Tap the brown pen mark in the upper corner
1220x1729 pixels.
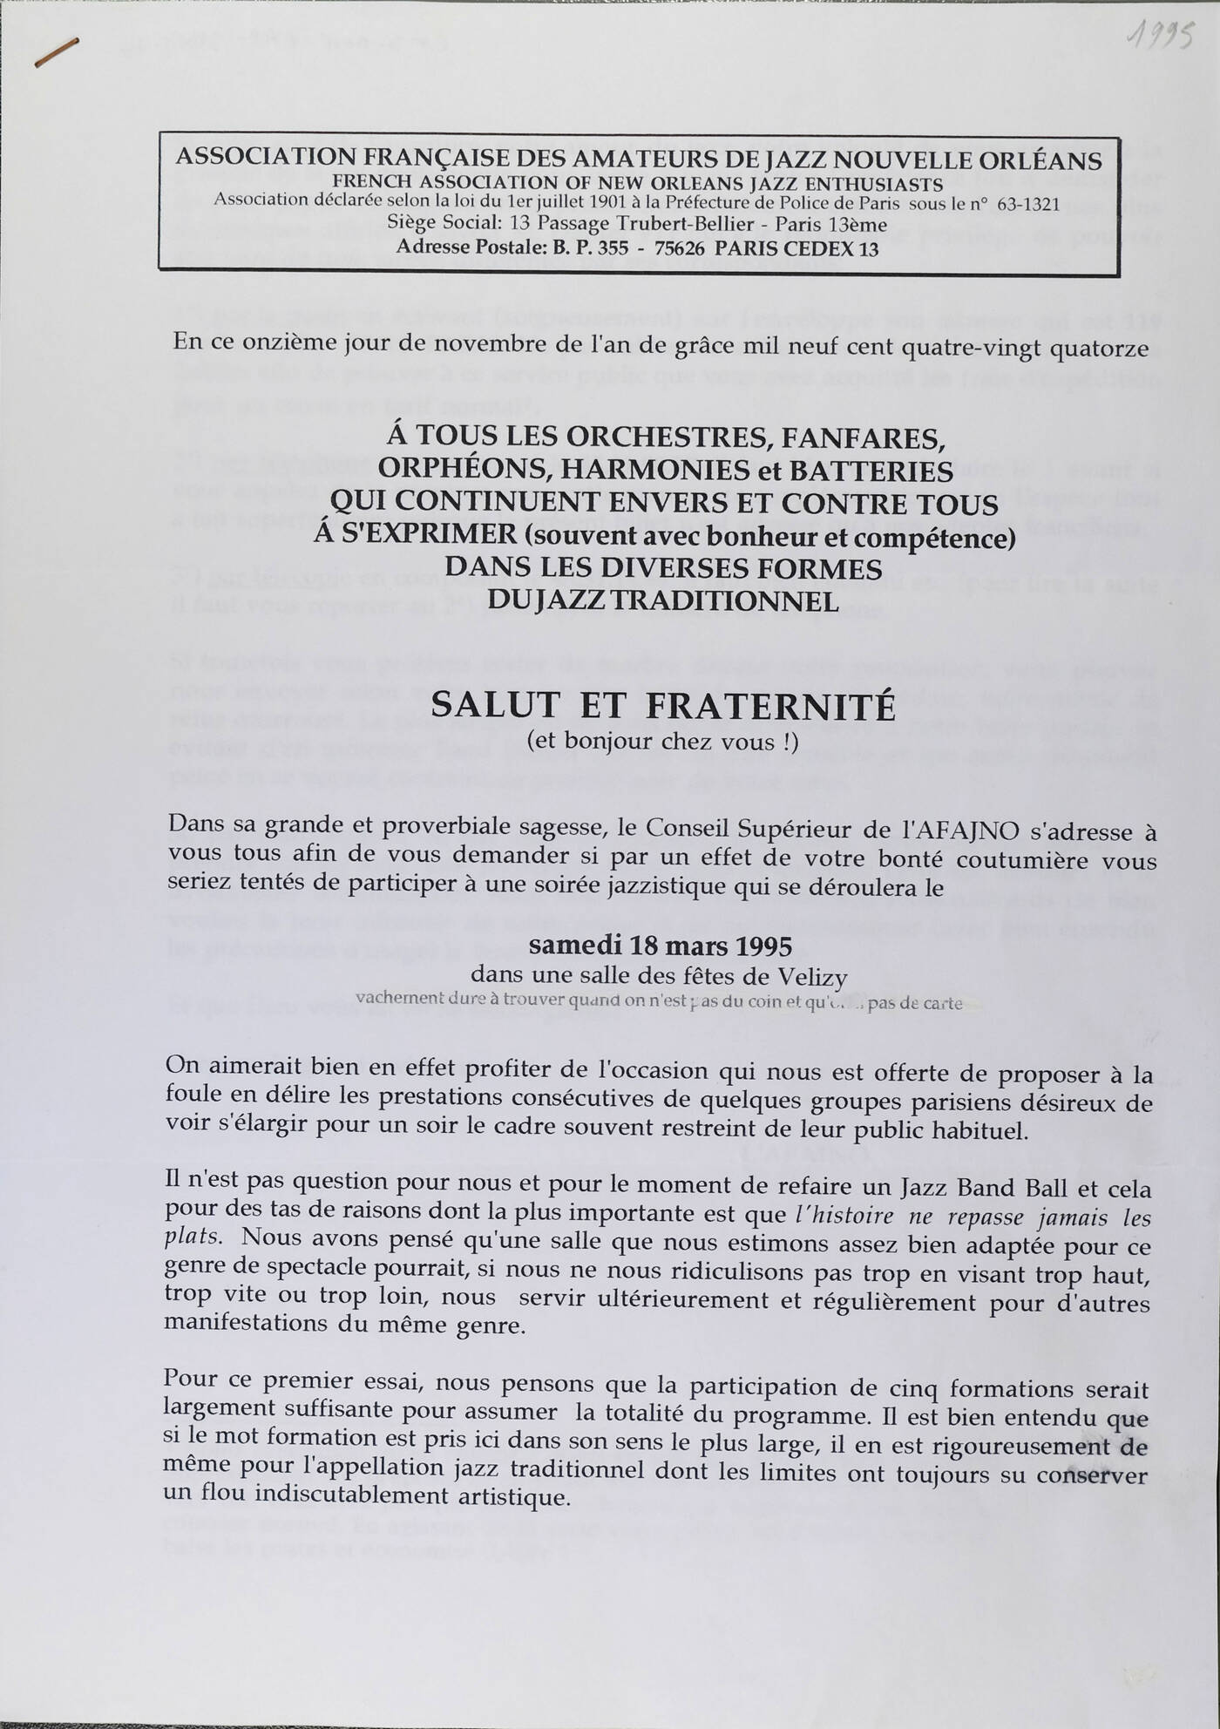pyautogui.click(x=57, y=52)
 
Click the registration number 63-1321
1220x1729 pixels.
pyautogui.click(x=1027, y=206)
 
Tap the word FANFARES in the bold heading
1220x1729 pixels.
pyautogui.click(x=871, y=436)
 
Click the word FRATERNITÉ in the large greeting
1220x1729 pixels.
pyautogui.click(x=770, y=707)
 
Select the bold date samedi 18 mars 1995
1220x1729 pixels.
pyautogui.click(x=661, y=946)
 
